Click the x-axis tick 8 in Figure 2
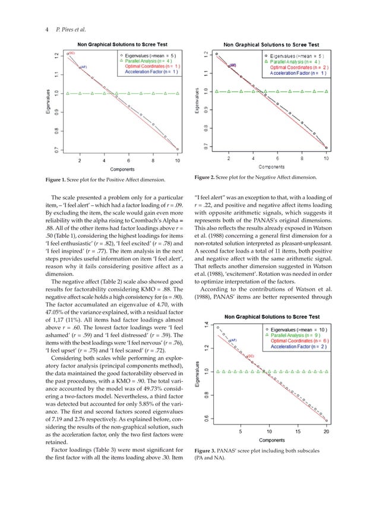[302, 158]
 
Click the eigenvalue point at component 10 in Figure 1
[177, 150]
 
